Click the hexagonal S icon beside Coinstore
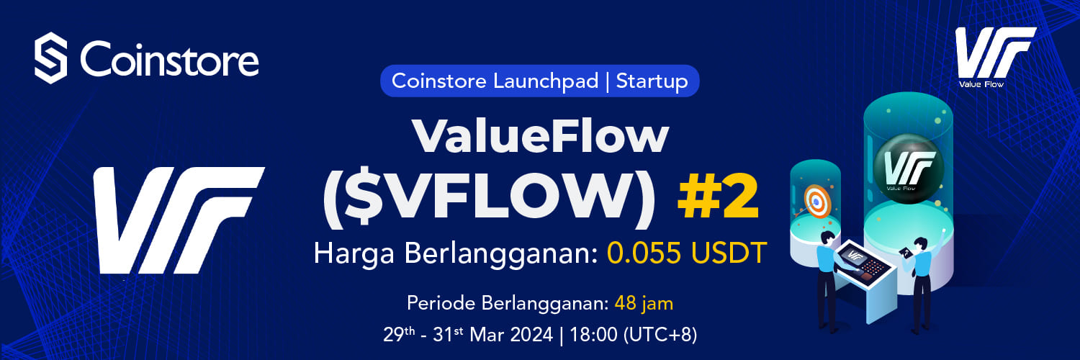tap(50, 58)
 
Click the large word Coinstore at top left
tap(169, 59)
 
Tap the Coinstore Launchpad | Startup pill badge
tap(539, 81)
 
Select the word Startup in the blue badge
tap(652, 81)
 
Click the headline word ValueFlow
tap(540, 136)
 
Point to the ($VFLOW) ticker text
tap(489, 199)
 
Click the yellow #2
tap(719, 197)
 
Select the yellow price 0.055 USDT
tap(687, 253)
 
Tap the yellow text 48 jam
tap(644, 304)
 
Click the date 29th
tap(399, 333)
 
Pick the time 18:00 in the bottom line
tap(593, 334)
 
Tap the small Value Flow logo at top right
tap(994, 58)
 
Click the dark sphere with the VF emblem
tap(909, 168)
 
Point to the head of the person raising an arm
tap(920, 244)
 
